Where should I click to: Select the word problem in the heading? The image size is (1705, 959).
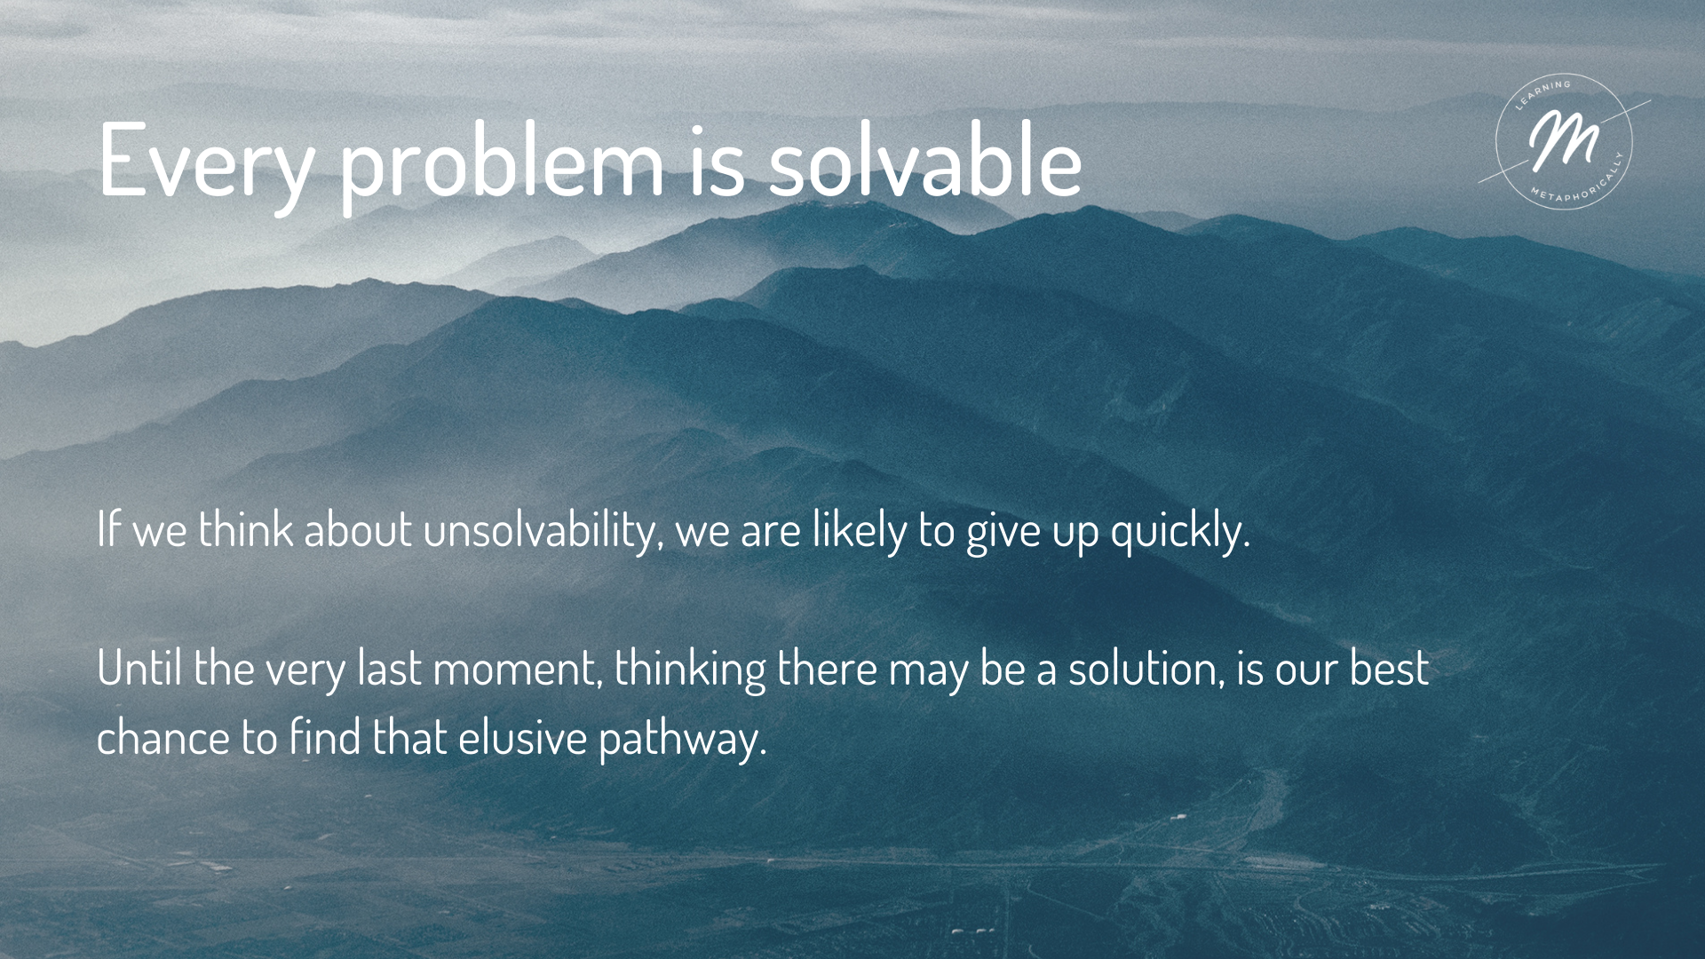[x=503, y=161]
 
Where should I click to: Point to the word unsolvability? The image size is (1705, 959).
[x=542, y=531]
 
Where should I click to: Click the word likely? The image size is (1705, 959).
[x=859, y=531]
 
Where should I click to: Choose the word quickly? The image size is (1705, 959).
[x=1180, y=531]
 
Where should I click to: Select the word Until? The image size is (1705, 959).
[x=139, y=668]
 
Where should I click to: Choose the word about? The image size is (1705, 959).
[x=358, y=530]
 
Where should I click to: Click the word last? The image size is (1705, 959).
[x=389, y=668]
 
